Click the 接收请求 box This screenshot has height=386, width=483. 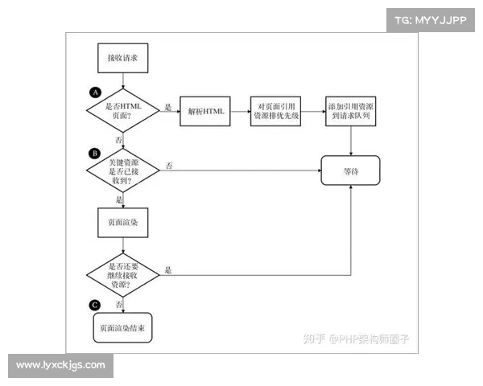[122, 59]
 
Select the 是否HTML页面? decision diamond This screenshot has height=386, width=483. [122, 112]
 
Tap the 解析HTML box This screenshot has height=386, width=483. [204, 110]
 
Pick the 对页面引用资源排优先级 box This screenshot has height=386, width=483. [275, 110]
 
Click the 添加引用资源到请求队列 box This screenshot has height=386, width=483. [352, 110]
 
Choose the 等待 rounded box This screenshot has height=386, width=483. [350, 170]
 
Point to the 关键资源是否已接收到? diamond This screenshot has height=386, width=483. [122, 170]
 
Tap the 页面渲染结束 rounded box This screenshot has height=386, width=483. [122, 328]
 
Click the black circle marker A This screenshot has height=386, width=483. [96, 91]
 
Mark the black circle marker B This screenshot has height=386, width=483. [96, 151]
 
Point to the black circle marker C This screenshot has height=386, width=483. [96, 305]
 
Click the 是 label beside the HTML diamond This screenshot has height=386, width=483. [168, 106]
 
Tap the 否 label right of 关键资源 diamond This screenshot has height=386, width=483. [169, 165]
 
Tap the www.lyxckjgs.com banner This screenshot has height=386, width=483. [60, 365]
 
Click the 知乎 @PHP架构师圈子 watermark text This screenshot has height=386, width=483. [356, 339]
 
